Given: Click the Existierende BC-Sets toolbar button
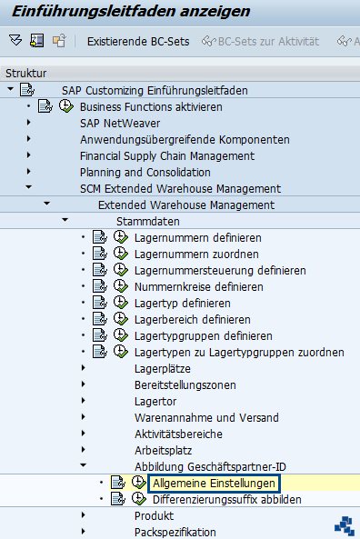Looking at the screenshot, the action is click(x=138, y=42).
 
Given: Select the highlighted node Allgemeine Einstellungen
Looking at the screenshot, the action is click(x=214, y=484).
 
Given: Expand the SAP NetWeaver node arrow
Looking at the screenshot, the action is click(x=29, y=123).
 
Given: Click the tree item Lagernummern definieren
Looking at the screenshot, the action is click(x=197, y=238).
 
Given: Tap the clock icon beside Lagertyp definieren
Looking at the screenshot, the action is click(x=121, y=303).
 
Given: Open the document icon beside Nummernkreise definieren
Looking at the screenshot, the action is click(x=100, y=286).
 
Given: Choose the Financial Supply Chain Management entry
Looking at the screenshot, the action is click(x=167, y=156).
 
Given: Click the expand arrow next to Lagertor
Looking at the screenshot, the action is click(x=84, y=401).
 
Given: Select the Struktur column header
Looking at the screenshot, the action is click(x=25, y=74).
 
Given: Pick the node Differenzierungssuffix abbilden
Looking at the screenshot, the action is click(x=227, y=500).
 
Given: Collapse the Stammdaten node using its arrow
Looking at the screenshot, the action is click(x=65, y=220).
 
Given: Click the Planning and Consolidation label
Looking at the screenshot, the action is click(x=145, y=172).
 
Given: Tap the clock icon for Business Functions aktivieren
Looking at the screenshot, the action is click(x=66, y=106).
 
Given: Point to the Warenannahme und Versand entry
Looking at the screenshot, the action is click(x=206, y=417).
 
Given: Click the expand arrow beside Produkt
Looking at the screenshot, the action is click(x=84, y=515).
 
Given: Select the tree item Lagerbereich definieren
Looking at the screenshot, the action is click(x=192, y=320).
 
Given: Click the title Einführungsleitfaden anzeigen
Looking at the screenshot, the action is click(x=131, y=11).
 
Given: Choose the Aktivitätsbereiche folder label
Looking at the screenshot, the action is click(x=178, y=434).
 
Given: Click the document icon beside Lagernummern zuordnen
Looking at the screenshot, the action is click(x=100, y=254).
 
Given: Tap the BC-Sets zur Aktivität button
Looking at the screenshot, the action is click(x=261, y=42).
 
